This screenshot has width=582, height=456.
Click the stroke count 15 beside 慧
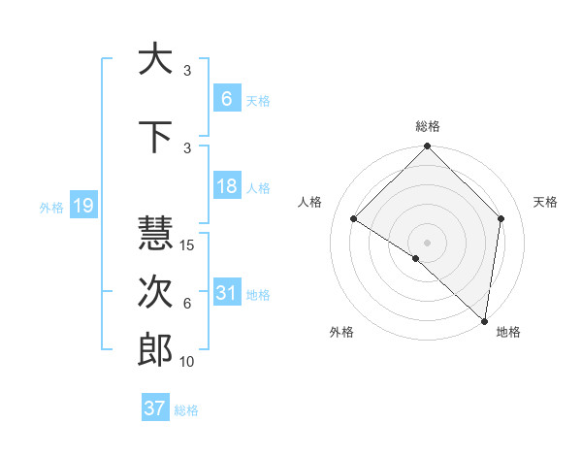(188, 245)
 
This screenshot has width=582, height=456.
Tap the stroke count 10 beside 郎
(188, 362)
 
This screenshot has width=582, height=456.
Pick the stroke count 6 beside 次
(186, 304)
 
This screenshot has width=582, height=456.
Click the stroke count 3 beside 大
(186, 71)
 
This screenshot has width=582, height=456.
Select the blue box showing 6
(227, 98)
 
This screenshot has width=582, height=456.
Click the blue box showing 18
(227, 186)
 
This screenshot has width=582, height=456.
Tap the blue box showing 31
(227, 293)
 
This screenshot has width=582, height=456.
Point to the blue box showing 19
(82, 205)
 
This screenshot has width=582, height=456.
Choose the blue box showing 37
(155, 408)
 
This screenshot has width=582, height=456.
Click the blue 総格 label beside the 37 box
(186, 410)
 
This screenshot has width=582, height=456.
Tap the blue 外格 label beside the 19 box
(50, 207)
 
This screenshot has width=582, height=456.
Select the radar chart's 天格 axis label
(545, 202)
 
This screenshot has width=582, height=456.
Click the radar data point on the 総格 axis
(427, 147)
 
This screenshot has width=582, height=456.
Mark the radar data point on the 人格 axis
(354, 219)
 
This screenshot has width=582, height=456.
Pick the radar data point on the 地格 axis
(484, 320)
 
